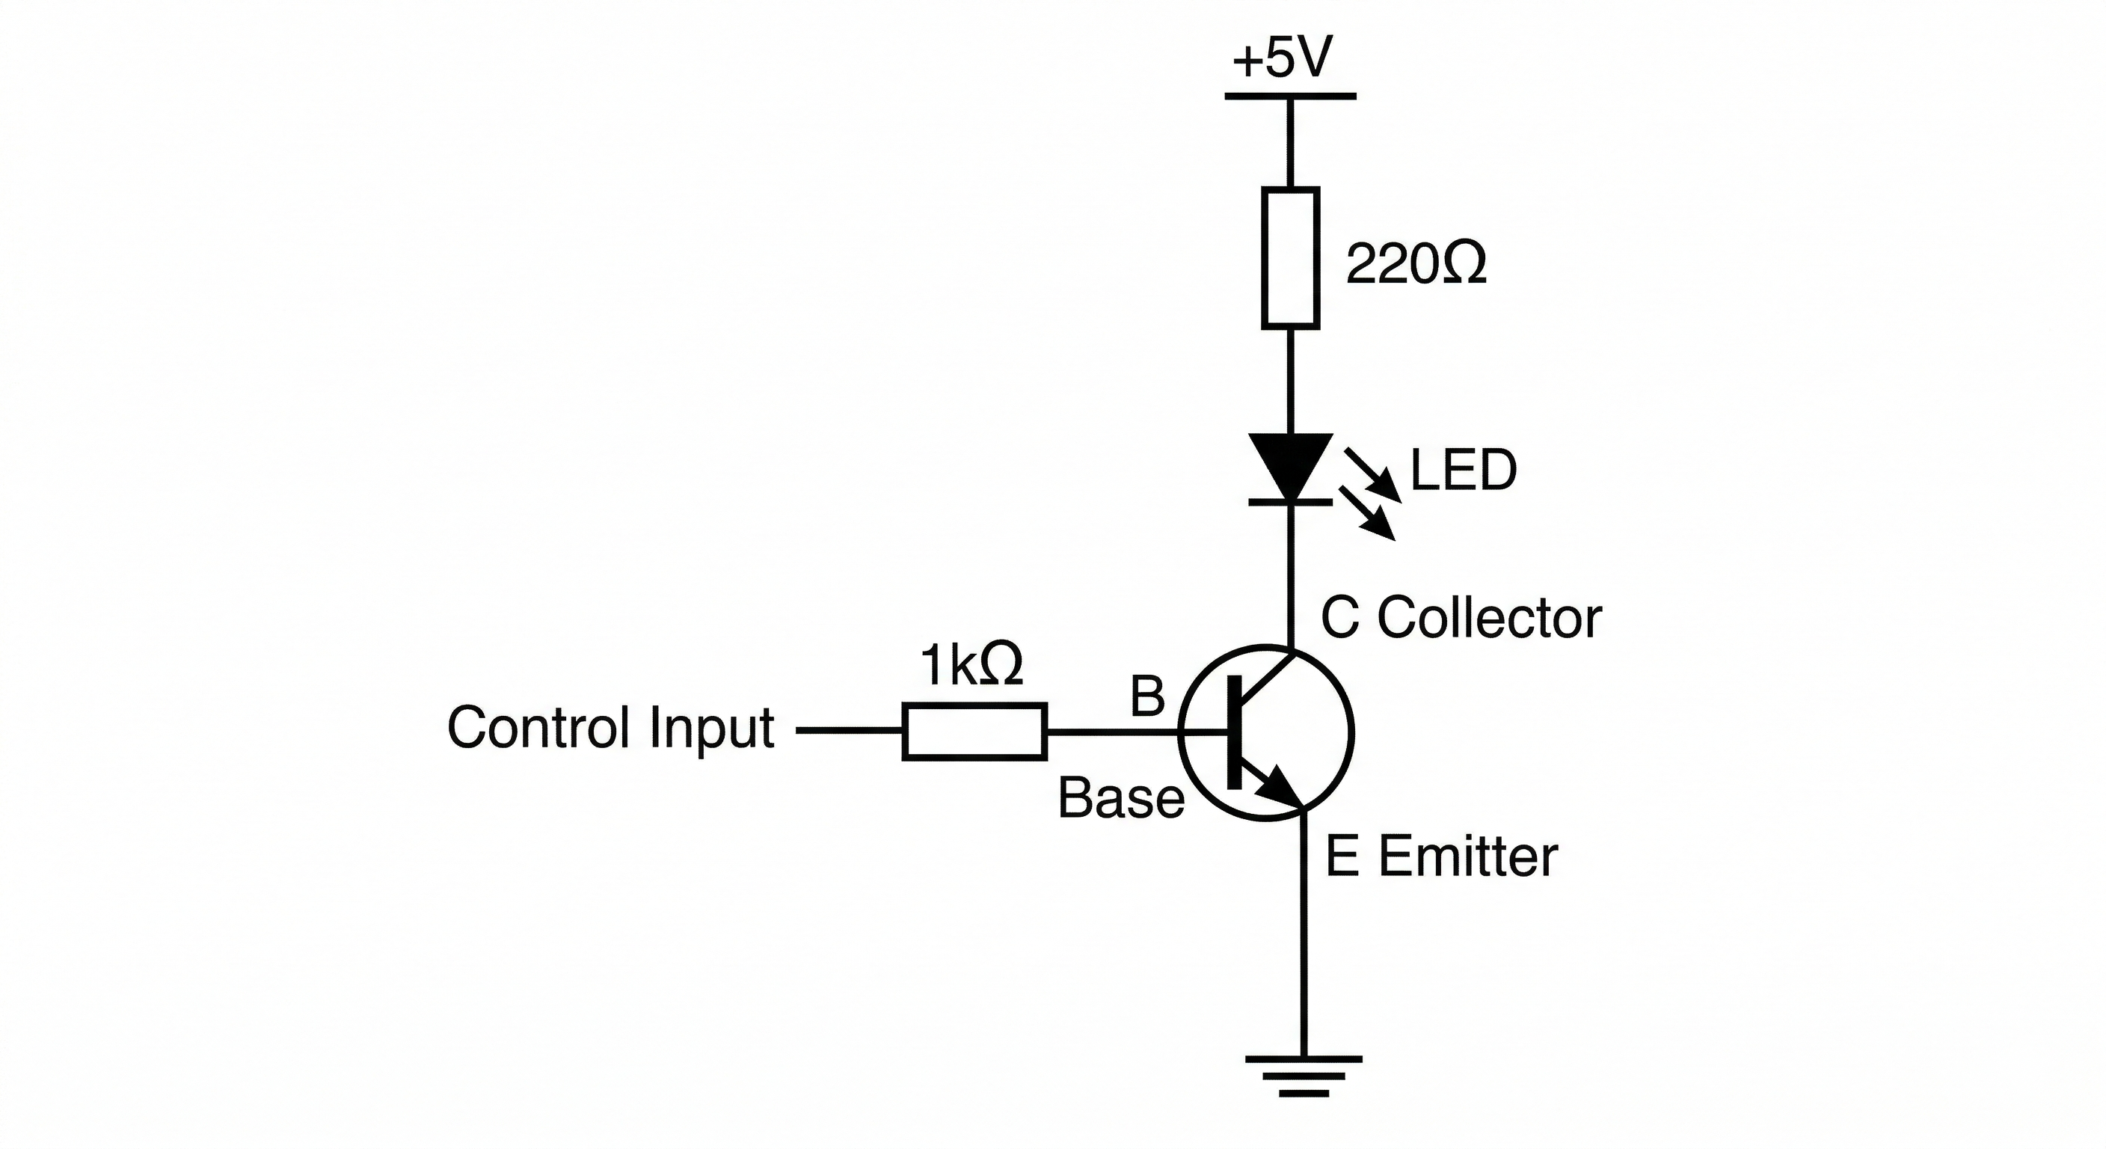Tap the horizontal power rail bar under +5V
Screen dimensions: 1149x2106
click(1290, 96)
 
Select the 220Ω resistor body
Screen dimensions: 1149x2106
click(1290, 258)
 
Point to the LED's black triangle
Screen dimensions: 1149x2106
click(1290, 460)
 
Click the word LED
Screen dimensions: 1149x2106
click(1464, 471)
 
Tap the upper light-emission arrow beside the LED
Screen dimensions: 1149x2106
click(1374, 474)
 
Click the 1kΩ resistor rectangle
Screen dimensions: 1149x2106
click(974, 731)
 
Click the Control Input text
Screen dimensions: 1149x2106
click(611, 728)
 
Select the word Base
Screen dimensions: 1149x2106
click(1121, 799)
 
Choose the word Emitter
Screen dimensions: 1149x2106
click(1467, 857)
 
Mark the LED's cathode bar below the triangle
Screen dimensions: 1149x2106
click(1290, 502)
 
